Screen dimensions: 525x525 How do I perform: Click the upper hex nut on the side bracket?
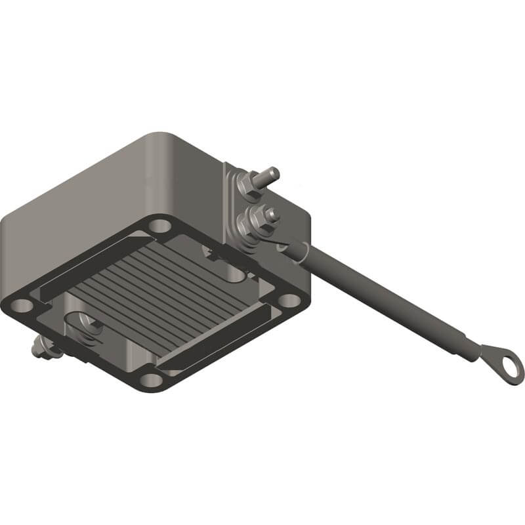pos(248,181)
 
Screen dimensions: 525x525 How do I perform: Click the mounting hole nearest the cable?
pos(287,300)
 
